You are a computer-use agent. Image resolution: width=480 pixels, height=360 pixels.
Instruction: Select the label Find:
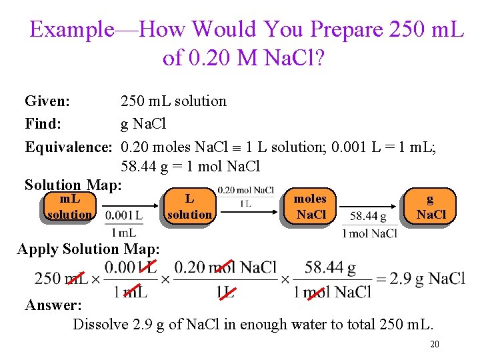pyautogui.click(x=43, y=124)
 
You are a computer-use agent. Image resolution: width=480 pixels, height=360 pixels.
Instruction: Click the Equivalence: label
pyautogui.click(x=67, y=147)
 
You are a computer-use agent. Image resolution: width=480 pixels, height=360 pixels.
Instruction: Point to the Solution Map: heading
pyautogui.click(x=73, y=185)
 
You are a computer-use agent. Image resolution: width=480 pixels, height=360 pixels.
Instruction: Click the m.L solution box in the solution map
pyautogui.click(x=70, y=206)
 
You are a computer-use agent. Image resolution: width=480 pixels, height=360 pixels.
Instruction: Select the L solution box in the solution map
pyautogui.click(x=189, y=206)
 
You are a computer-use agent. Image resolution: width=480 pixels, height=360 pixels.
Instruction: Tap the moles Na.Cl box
pyautogui.click(x=311, y=206)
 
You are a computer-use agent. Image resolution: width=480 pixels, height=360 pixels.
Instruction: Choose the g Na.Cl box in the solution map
pyautogui.click(x=431, y=206)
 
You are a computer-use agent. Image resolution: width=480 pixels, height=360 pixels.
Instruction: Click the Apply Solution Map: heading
pyautogui.click(x=88, y=249)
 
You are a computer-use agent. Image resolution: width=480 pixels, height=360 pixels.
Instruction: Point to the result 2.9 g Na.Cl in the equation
pyautogui.click(x=427, y=279)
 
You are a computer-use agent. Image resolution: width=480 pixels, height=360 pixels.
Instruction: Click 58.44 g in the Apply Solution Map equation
pyautogui.click(x=330, y=268)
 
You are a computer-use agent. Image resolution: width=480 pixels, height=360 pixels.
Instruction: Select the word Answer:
pyautogui.click(x=53, y=305)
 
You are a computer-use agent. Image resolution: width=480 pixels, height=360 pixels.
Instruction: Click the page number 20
pyautogui.click(x=434, y=344)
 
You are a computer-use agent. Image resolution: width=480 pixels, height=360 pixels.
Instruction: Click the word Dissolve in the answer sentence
pyautogui.click(x=99, y=325)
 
